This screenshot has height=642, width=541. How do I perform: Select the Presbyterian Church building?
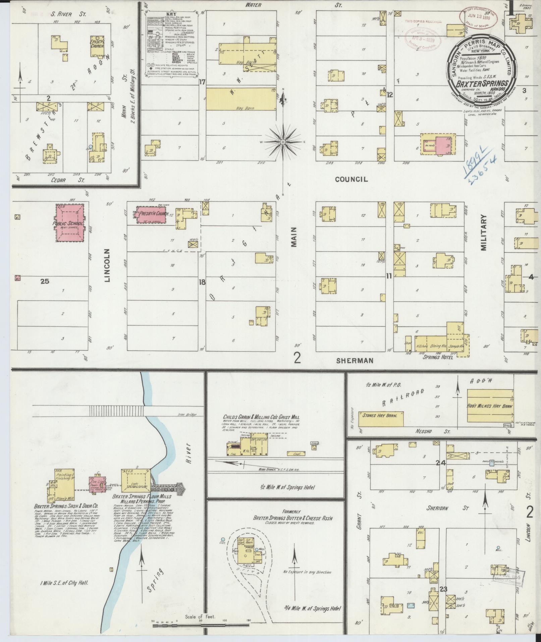click(150, 214)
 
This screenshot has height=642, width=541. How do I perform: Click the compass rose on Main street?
click(283, 142)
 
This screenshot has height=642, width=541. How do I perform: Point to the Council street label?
click(351, 180)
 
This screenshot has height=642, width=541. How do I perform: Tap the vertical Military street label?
click(483, 233)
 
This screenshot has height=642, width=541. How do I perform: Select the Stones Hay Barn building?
click(381, 415)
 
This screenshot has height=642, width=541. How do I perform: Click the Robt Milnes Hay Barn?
click(490, 406)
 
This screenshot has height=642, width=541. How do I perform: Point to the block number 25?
click(45, 281)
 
